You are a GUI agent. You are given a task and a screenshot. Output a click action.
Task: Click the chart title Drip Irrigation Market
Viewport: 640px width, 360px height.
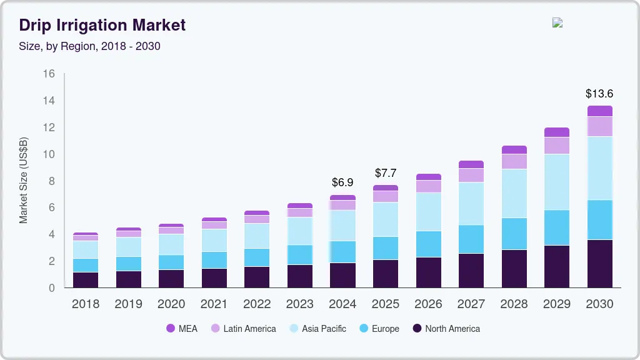tap(102, 26)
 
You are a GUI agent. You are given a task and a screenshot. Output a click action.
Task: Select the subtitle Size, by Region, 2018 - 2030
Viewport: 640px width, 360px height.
tap(90, 46)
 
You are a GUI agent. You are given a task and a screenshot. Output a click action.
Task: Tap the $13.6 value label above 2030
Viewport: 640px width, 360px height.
tap(599, 94)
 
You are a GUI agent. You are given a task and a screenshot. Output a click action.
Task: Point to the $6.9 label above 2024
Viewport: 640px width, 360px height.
tap(342, 182)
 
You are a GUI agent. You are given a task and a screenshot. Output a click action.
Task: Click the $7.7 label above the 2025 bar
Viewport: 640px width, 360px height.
tap(386, 173)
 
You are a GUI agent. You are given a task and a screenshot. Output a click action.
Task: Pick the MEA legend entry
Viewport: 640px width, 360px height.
tap(182, 328)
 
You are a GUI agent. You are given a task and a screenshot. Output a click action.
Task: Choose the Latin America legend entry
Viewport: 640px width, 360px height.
tap(243, 328)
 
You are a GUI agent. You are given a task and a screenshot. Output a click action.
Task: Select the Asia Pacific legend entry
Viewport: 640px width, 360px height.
tap(317, 328)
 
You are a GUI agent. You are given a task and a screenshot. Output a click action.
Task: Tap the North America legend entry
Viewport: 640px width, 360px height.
tap(446, 328)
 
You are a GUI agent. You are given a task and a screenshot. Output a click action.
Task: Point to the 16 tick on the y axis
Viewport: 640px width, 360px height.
tap(49, 74)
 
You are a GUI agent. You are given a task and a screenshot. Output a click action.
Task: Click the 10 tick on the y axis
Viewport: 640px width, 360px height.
tap(49, 154)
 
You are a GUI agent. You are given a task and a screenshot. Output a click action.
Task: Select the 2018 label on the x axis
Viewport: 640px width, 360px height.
tap(85, 304)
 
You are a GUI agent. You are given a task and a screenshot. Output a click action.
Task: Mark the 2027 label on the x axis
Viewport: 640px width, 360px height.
tap(471, 304)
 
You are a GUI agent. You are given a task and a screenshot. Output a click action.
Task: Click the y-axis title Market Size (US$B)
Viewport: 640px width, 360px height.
tap(23, 181)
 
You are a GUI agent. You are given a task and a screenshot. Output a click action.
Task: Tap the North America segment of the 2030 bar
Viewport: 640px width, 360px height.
tap(599, 264)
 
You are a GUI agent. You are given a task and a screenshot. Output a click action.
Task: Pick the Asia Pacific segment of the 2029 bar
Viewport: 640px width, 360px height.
tap(557, 182)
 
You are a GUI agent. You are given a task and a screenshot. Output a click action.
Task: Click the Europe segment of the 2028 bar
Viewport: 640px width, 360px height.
tap(514, 234)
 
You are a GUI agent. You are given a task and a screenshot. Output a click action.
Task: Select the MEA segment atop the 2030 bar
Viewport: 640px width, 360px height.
tap(599, 111)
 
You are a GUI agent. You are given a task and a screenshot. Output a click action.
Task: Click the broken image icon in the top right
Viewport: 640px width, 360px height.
tap(557, 22)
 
